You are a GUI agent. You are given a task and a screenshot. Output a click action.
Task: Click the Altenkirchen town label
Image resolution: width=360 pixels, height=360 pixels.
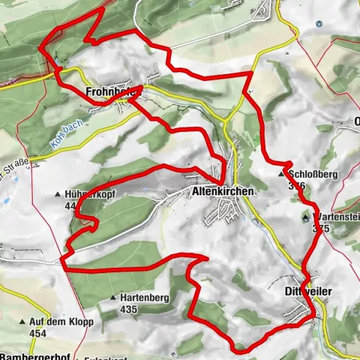point(223,192)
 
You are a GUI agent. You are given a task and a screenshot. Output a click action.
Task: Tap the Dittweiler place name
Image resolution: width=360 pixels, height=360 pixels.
point(307,290)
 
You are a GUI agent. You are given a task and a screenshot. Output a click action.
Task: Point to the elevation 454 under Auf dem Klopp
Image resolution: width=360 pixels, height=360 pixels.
point(37,332)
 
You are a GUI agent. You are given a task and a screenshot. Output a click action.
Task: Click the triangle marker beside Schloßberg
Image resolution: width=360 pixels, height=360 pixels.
point(282,172)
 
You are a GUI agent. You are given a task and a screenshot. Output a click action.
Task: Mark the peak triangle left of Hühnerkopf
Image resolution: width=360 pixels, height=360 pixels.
point(58,195)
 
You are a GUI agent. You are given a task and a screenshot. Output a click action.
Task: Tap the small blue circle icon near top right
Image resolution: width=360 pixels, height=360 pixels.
point(319,23)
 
